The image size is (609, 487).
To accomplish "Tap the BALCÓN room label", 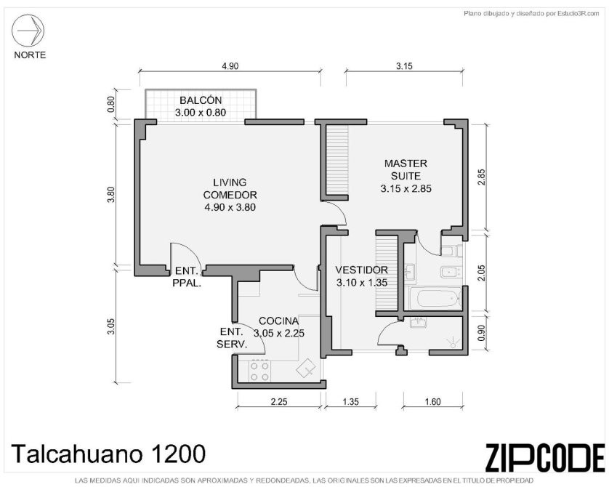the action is (x=201, y=100).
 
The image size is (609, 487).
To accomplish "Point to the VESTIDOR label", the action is (x=362, y=270).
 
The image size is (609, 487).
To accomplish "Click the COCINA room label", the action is (x=278, y=321).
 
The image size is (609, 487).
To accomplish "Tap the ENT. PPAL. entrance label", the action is (x=187, y=277).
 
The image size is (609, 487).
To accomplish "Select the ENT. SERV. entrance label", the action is (x=232, y=338).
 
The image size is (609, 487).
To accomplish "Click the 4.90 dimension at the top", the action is (x=230, y=66).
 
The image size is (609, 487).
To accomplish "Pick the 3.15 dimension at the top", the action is (x=404, y=66).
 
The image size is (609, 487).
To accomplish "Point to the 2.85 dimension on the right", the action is (x=481, y=177).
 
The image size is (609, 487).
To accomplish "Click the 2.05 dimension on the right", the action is (x=481, y=273).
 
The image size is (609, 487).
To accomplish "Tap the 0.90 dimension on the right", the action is (x=481, y=333).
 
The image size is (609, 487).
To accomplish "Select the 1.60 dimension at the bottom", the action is (x=432, y=401).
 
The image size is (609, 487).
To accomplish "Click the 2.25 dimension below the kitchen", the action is (x=279, y=401).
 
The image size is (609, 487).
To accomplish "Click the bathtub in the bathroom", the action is (x=433, y=299).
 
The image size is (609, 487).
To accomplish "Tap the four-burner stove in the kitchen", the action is (x=260, y=371).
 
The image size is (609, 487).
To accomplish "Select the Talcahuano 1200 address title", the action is (x=108, y=454).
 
